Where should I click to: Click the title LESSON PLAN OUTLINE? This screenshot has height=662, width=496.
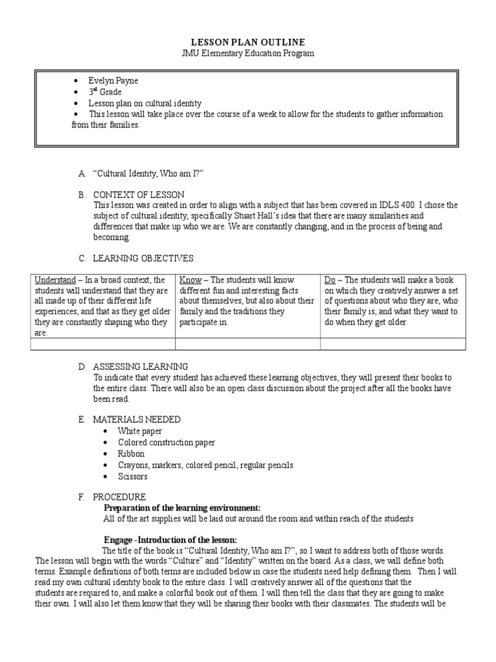(x=248, y=41)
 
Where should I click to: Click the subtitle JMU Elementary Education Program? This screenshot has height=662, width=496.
(x=248, y=53)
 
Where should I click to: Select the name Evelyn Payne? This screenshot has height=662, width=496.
(x=114, y=81)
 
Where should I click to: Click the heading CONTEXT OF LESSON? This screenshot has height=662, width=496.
(x=139, y=195)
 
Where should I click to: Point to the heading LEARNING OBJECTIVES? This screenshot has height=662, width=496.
(x=143, y=258)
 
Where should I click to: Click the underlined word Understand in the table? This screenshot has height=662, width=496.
(x=56, y=280)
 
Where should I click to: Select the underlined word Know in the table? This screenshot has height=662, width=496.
(x=190, y=280)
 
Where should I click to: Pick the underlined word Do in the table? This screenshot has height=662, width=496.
(x=330, y=280)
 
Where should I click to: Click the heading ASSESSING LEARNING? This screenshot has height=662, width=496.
(x=141, y=367)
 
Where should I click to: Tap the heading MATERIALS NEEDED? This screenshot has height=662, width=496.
(x=137, y=420)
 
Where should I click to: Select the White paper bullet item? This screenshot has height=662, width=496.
(x=140, y=431)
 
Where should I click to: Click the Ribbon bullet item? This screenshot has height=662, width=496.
(x=131, y=454)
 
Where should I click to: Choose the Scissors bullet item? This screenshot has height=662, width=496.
(x=133, y=476)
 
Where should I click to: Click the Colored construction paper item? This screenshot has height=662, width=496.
(x=167, y=442)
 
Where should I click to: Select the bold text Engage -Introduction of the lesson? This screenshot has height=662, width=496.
(x=170, y=540)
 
